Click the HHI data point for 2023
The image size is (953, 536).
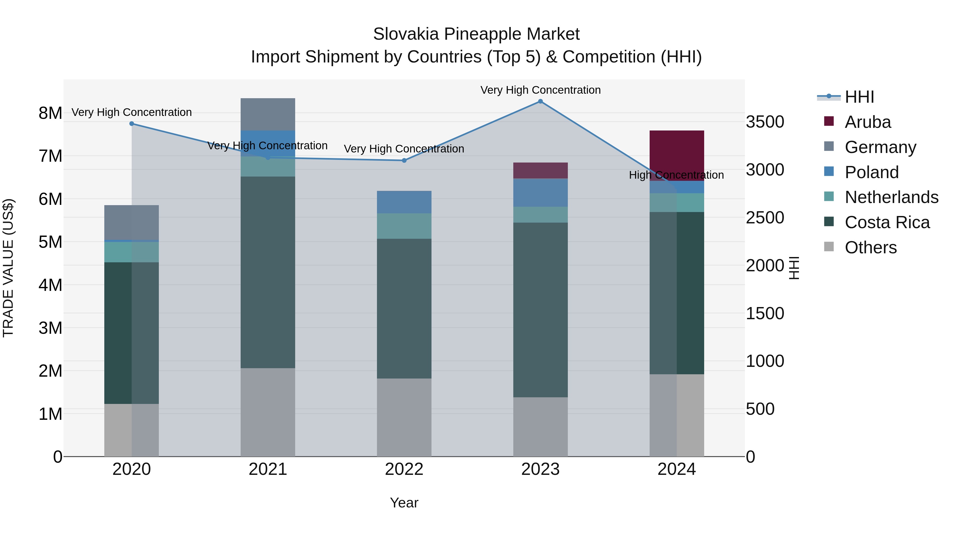[540, 101]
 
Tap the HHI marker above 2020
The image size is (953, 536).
[132, 124]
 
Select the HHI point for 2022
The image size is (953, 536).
[404, 161]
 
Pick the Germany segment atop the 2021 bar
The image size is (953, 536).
[268, 114]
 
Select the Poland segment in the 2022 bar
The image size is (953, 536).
[404, 202]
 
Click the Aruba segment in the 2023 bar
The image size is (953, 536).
[540, 170]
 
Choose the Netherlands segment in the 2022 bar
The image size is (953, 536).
[404, 226]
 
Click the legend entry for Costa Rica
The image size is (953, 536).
[887, 222]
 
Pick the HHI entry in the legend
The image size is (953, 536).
[859, 97]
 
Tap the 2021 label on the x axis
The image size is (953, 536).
[268, 469]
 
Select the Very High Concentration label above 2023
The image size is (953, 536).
[540, 90]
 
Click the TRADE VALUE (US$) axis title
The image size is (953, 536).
[8, 268]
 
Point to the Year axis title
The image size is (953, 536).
[404, 503]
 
